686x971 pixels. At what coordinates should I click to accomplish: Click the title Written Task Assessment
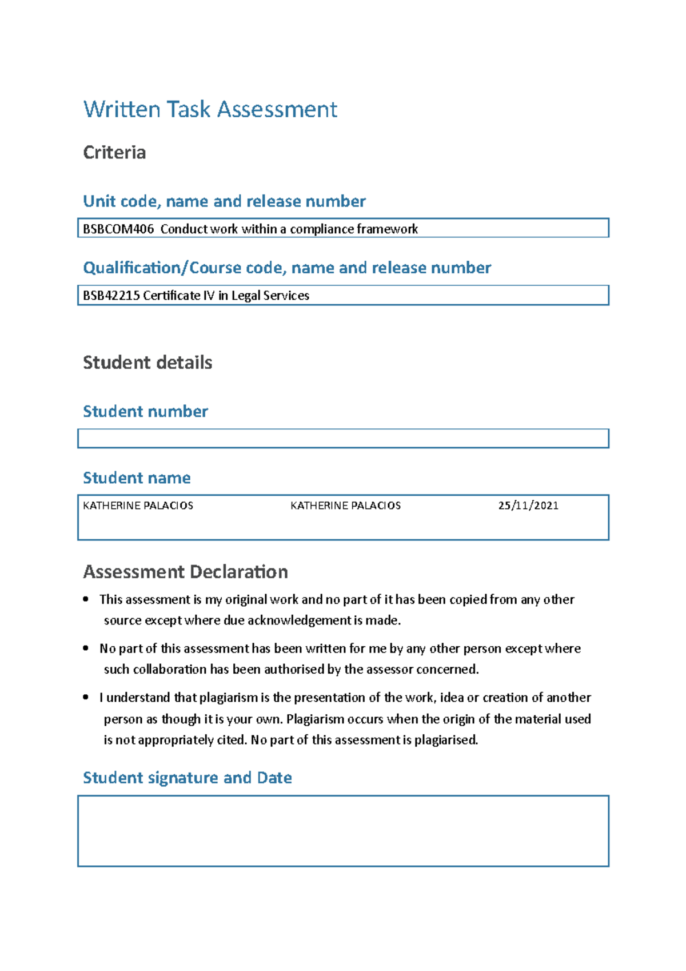coord(210,109)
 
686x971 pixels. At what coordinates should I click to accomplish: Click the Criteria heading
coord(114,153)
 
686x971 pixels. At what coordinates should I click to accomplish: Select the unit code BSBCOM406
coord(118,229)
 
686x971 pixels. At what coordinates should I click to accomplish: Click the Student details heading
coord(147,363)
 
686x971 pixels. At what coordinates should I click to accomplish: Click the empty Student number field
coord(343,439)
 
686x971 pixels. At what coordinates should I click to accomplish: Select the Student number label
coord(145,411)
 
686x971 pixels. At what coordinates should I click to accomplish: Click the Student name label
coord(137,478)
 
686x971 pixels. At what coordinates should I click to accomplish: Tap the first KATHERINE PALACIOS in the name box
coord(138,506)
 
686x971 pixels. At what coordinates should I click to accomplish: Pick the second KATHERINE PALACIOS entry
coord(345,506)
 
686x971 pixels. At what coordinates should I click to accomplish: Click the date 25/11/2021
coord(528,506)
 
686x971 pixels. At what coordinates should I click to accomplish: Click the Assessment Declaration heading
coord(185,572)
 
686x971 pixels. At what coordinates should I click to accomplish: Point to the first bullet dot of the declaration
coord(86,599)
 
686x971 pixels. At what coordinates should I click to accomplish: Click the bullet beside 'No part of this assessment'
coord(86,648)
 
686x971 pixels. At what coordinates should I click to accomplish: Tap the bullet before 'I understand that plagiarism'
coord(86,698)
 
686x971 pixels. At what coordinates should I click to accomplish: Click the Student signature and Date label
coord(187,778)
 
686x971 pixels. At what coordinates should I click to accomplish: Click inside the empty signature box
coord(343,831)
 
